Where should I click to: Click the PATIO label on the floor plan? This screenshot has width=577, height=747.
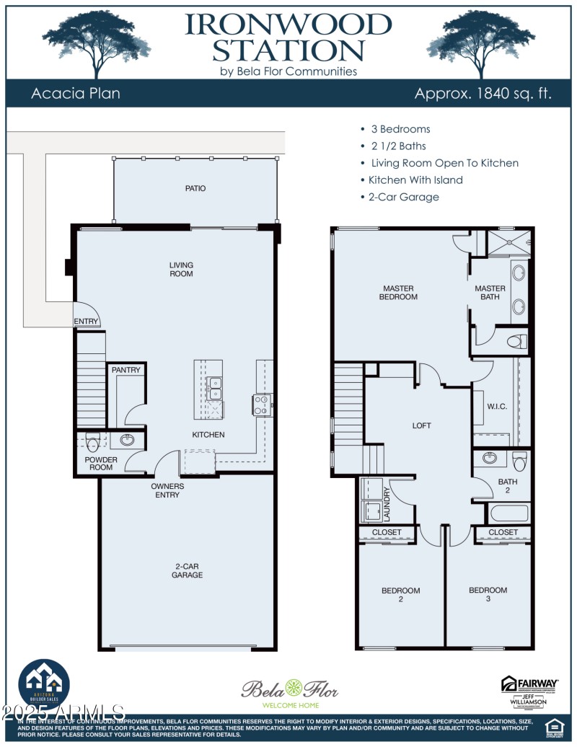pyautogui.click(x=195, y=188)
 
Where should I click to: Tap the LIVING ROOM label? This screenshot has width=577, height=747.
pyautogui.click(x=181, y=270)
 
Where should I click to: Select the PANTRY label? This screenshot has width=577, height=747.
pyautogui.click(x=125, y=370)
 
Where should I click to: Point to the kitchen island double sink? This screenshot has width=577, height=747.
pyautogui.click(x=214, y=389)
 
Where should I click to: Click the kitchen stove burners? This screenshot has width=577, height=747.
pyautogui.click(x=262, y=405)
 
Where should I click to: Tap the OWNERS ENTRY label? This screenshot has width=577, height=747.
pyautogui.click(x=167, y=491)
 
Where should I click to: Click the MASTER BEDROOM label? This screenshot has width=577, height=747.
pyautogui.click(x=398, y=292)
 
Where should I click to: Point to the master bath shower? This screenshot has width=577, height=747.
pyautogui.click(x=509, y=244)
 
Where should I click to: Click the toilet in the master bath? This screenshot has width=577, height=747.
pyautogui.click(x=516, y=341)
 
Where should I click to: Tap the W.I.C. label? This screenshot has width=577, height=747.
pyautogui.click(x=497, y=407)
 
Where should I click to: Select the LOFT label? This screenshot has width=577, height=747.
pyautogui.click(x=421, y=425)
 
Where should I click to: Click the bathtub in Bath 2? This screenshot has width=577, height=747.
pyautogui.click(x=509, y=514)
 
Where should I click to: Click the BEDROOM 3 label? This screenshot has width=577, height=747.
pyautogui.click(x=488, y=594)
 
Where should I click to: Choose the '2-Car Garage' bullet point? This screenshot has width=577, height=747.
pyautogui.click(x=403, y=197)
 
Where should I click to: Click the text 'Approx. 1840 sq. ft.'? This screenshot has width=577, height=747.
pyautogui.click(x=483, y=94)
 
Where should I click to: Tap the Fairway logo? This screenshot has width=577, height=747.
pyautogui.click(x=529, y=684)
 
